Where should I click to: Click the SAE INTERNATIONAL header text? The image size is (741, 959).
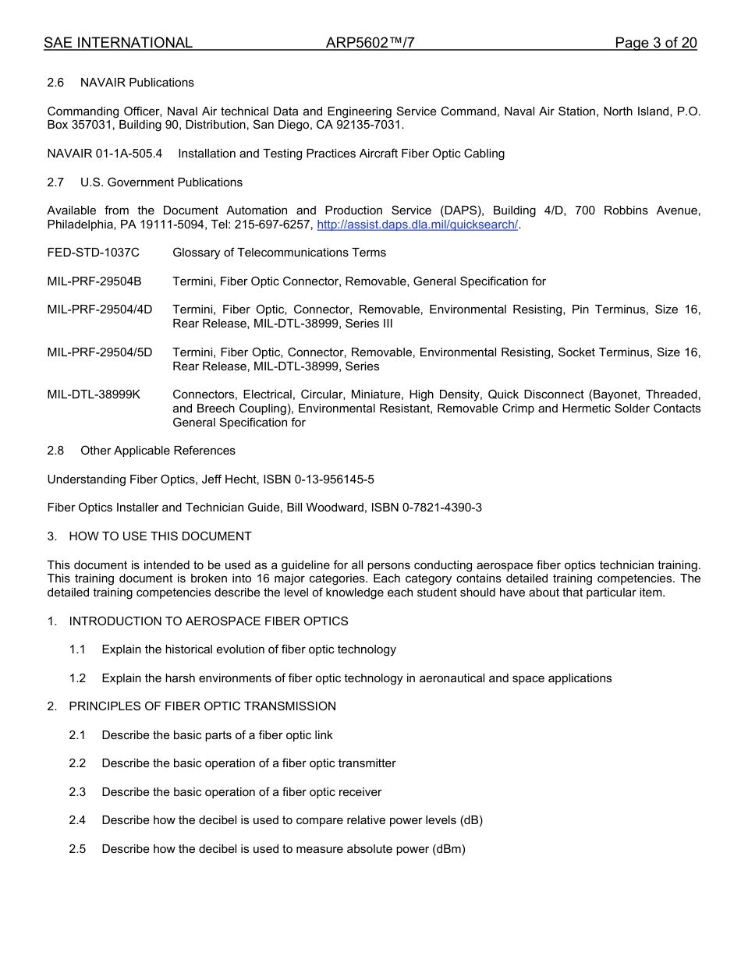118,43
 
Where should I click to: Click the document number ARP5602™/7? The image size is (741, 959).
370,43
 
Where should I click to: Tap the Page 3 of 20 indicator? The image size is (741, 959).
655,43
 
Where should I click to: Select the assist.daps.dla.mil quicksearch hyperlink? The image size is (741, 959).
417,225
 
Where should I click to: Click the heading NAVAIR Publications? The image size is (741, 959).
137,83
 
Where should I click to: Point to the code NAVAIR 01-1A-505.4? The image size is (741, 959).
105,154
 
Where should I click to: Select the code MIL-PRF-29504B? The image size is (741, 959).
94,281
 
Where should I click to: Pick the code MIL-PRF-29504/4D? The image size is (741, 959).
100,310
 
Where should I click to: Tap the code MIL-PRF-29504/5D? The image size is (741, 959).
100,352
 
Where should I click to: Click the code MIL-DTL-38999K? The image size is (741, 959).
94,395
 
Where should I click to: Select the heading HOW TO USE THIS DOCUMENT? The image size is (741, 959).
160,536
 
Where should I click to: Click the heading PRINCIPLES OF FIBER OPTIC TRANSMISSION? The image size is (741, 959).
202,706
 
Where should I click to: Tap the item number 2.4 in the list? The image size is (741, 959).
77,820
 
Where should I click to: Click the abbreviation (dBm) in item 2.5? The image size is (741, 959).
448,849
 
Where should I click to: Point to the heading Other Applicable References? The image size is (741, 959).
158,451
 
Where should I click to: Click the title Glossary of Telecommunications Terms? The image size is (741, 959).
279,253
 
